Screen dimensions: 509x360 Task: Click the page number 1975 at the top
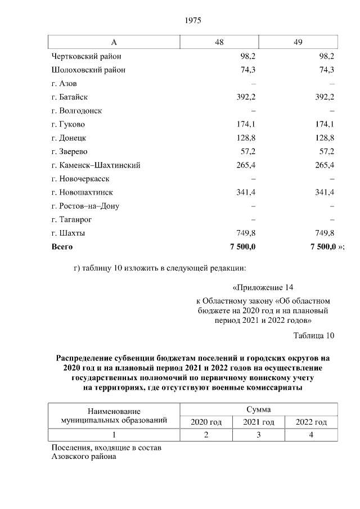(193, 21)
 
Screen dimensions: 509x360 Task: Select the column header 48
(219, 43)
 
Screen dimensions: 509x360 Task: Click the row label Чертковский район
(85, 57)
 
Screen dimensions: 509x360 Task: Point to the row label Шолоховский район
(88, 70)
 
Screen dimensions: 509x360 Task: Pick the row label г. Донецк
(69, 138)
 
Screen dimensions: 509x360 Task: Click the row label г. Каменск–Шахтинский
(95, 165)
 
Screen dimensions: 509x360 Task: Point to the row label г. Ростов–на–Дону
(85, 206)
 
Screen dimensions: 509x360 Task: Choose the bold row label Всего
(62, 246)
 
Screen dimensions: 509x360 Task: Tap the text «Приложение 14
(263, 287)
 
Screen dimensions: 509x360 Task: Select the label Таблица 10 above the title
(314, 336)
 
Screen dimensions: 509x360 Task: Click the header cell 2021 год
(259, 422)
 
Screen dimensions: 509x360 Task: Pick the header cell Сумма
(259, 409)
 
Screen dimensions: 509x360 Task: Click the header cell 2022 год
(311, 422)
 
